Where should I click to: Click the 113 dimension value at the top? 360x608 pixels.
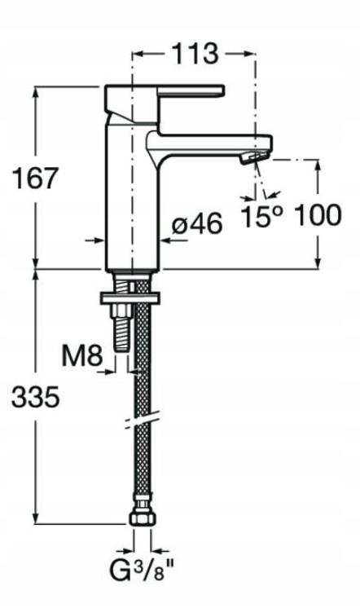click(195, 54)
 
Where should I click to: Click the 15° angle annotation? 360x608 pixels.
click(263, 217)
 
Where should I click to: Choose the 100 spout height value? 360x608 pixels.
click(317, 216)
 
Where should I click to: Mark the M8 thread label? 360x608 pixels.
click(83, 356)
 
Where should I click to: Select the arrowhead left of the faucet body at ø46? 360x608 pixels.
click(102, 240)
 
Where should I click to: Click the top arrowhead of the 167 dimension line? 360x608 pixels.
click(36, 90)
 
